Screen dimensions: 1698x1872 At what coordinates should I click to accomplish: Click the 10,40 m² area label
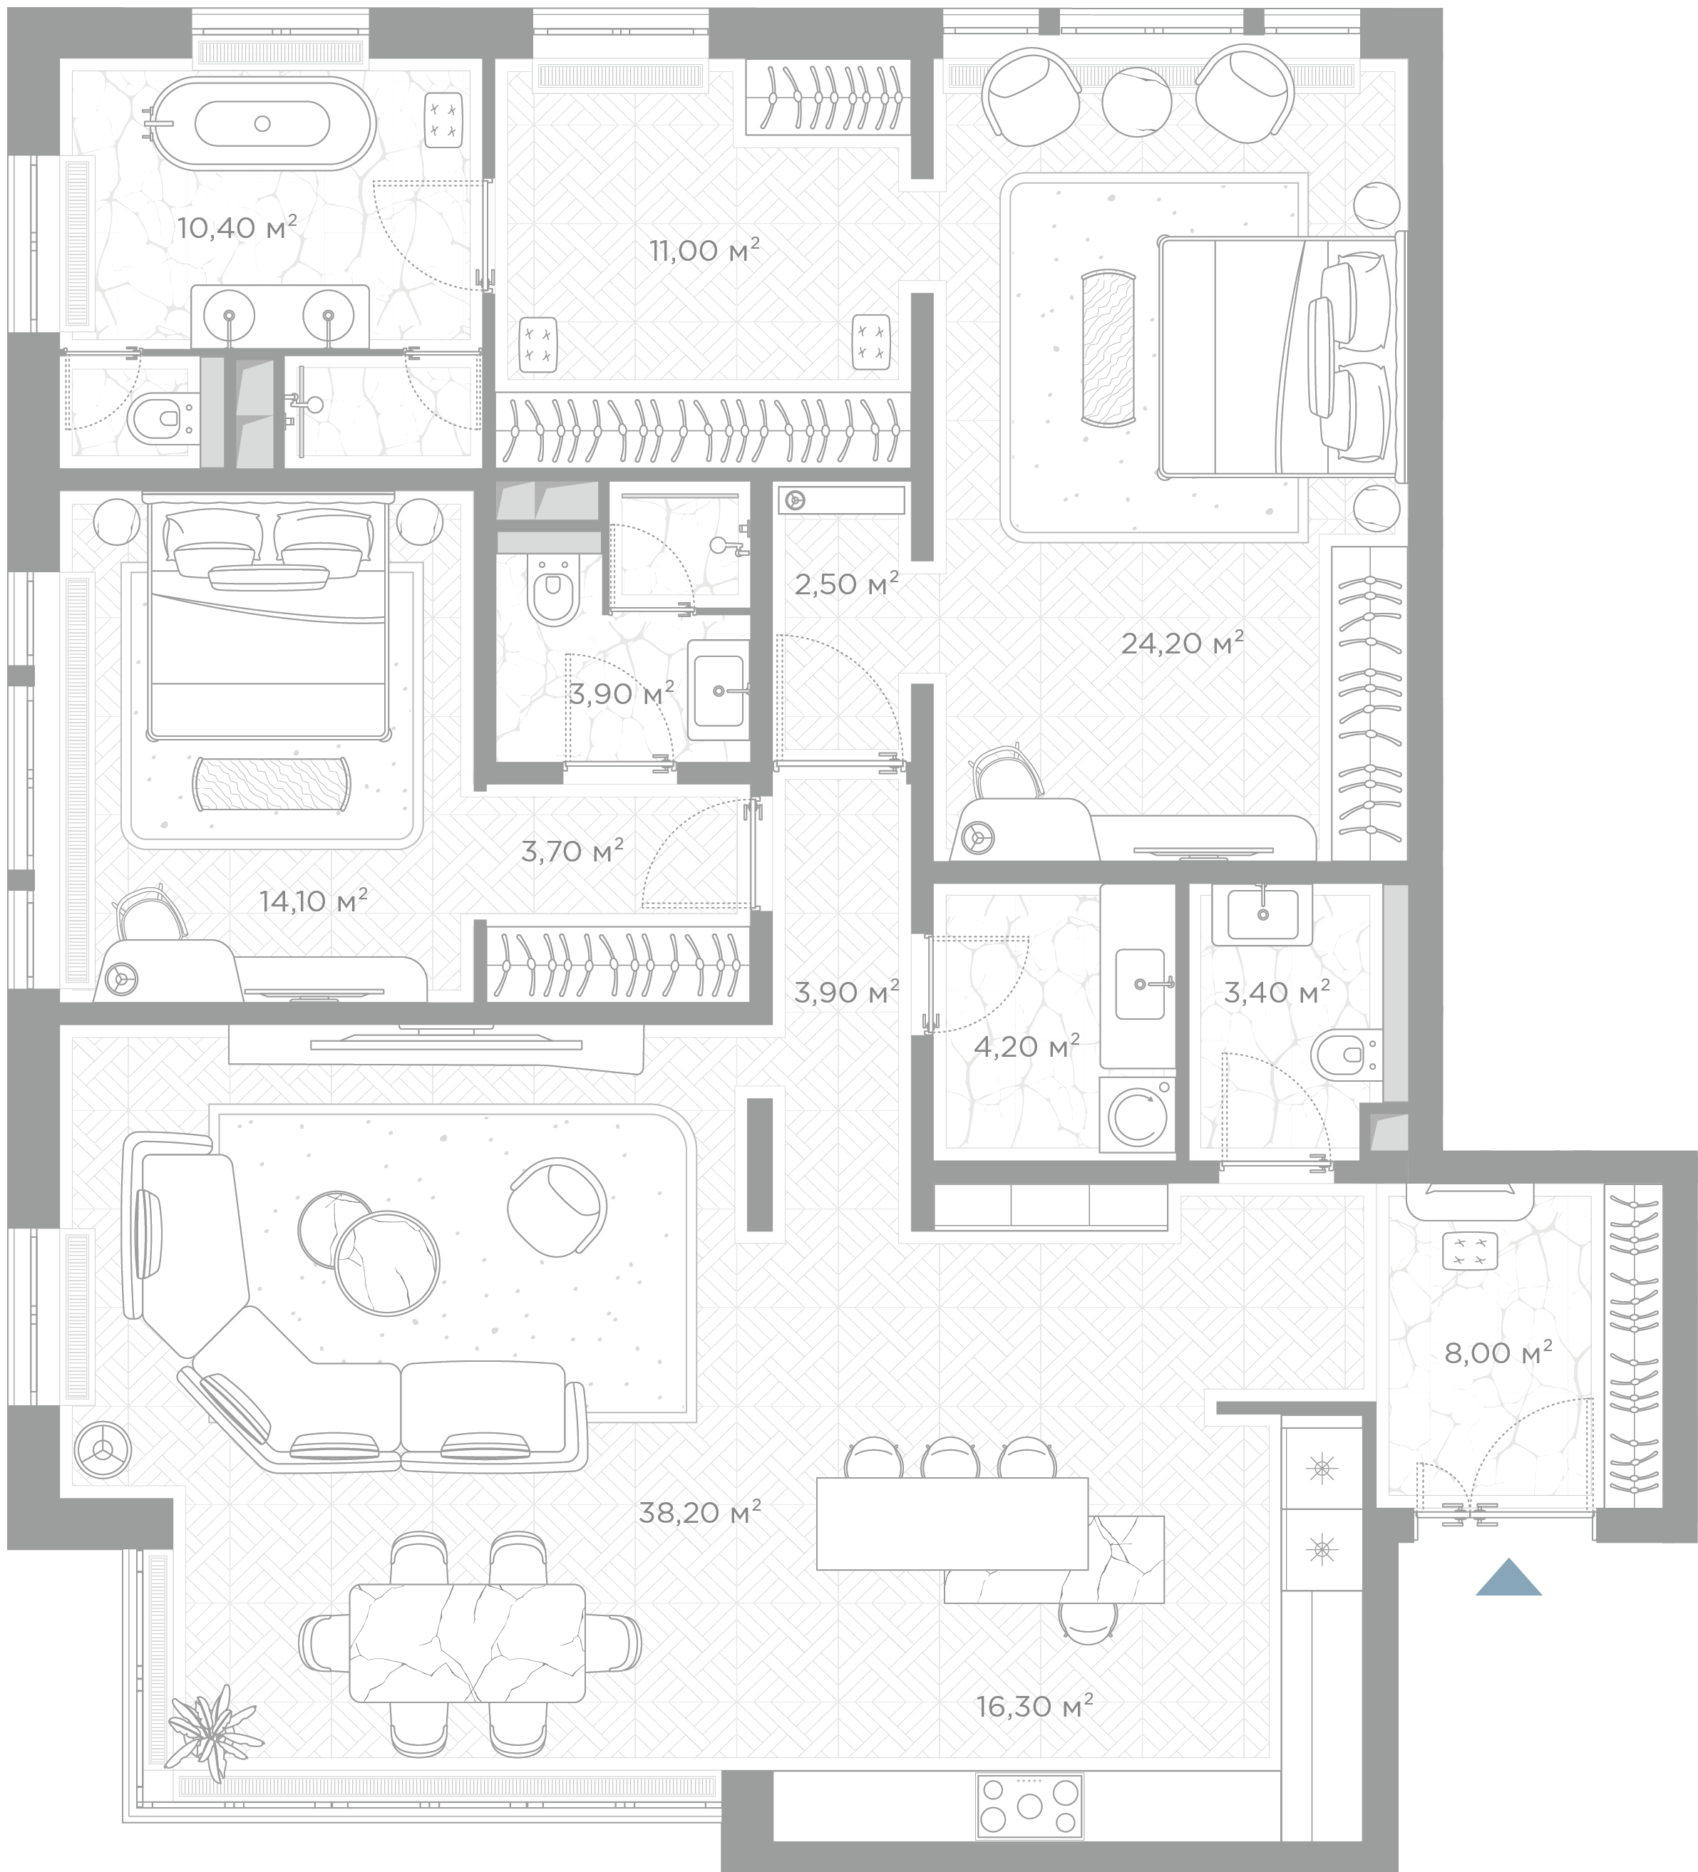click(237, 227)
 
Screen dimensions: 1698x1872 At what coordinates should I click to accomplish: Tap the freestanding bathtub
click(262, 123)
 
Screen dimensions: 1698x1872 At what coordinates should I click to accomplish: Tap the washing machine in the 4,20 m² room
click(1138, 1115)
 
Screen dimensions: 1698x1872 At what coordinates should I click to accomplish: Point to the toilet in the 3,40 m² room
click(1347, 1055)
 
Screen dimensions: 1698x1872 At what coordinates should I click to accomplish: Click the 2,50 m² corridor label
click(846, 585)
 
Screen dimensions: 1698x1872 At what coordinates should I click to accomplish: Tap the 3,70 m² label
click(571, 852)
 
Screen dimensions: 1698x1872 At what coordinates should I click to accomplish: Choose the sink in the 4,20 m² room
click(1140, 983)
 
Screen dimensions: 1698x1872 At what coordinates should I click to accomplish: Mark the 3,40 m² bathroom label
click(1276, 993)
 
